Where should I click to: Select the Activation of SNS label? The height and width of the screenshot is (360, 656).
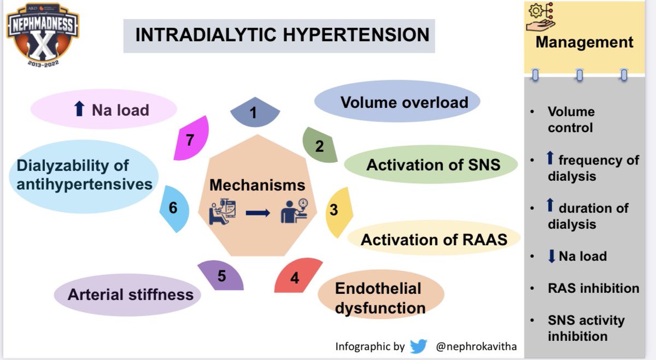point(433,164)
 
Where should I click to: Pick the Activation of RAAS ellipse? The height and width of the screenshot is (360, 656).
point(434,239)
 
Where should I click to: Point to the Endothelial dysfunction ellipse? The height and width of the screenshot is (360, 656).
point(380,298)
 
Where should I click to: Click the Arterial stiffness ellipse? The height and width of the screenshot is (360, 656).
point(130,295)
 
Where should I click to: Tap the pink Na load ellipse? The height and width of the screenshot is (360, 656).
point(104,110)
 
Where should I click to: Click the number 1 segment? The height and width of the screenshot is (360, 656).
point(254,113)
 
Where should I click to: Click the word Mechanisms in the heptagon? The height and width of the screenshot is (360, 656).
point(257,185)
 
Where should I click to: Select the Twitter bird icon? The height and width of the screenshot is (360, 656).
point(418,346)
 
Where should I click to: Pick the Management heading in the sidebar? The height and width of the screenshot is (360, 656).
point(584,42)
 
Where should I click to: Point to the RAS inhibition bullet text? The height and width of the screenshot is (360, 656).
point(593,288)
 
